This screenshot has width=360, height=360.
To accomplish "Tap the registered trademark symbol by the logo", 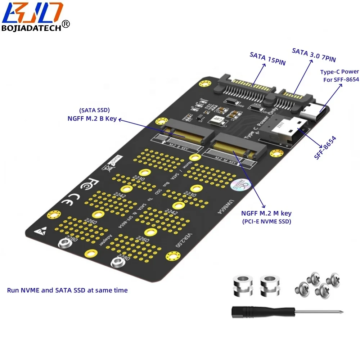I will [x=66, y=24].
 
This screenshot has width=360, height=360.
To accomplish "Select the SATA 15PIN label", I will [x=267, y=59].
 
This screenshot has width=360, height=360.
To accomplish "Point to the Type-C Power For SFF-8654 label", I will [x=339, y=76].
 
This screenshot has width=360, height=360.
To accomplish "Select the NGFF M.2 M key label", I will [x=266, y=213].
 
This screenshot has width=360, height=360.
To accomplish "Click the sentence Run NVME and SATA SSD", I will [x=67, y=290].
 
